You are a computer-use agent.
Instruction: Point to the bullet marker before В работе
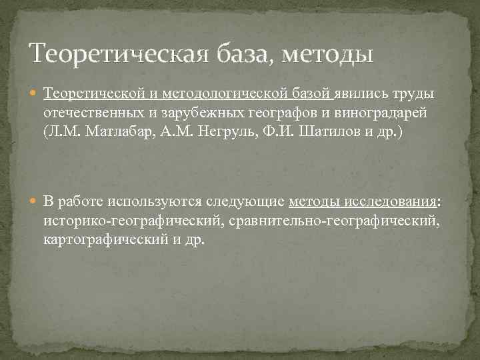pos(35,202)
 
